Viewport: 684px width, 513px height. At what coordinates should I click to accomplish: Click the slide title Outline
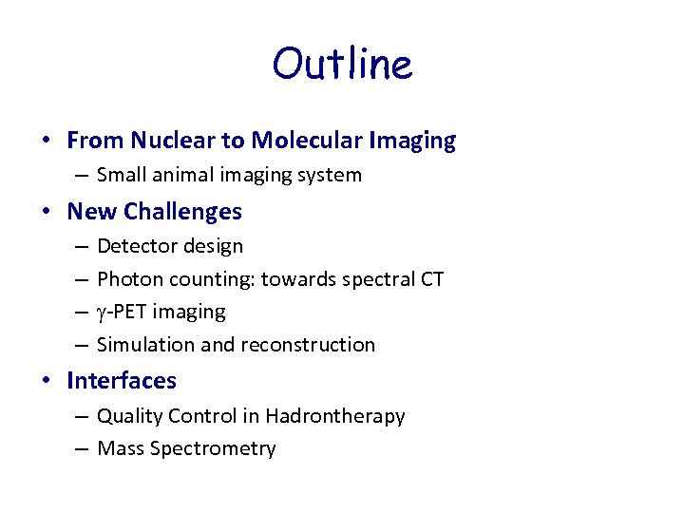tap(342, 65)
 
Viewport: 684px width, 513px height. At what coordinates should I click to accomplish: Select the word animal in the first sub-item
tap(180, 175)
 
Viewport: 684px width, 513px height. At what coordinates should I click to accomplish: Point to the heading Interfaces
tap(122, 381)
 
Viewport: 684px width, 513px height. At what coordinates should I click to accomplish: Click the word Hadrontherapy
tap(335, 416)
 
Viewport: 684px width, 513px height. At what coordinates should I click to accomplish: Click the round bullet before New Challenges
tap(47, 212)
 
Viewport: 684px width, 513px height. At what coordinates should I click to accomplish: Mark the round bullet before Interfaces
tap(47, 382)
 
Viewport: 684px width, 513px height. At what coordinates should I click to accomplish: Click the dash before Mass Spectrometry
tap(81, 448)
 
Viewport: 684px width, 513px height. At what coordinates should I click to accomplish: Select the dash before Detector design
tap(81, 246)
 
